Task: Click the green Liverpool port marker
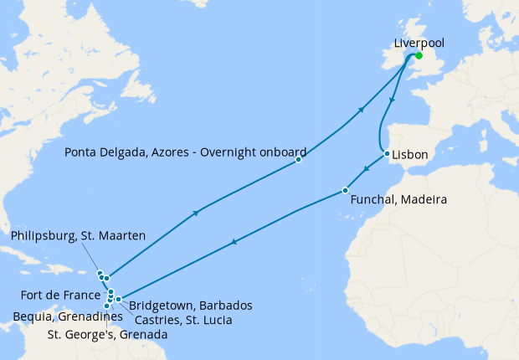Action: [419, 56]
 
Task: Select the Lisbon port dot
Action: [386, 154]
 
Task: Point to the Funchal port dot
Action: [345, 190]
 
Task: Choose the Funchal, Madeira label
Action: [398, 201]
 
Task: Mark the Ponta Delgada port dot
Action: [298, 160]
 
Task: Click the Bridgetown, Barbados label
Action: [191, 305]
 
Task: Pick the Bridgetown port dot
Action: [119, 299]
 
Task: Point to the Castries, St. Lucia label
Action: [181, 320]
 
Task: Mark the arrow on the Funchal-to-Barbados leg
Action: [234, 243]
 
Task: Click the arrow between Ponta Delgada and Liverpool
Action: [361, 110]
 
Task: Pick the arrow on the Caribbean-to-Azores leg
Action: [196, 213]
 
